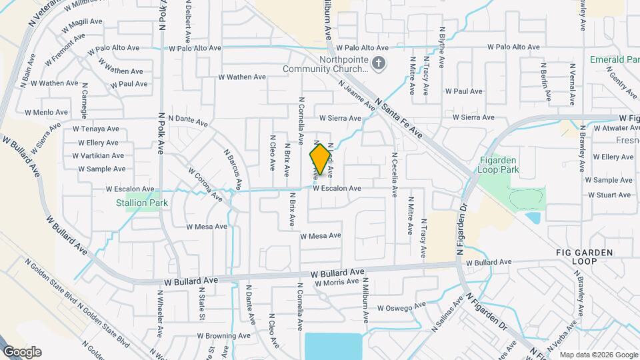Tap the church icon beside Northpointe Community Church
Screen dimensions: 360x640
pos(379,63)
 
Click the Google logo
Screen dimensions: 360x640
pos(21,351)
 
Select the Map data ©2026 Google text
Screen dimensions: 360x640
pos(599,355)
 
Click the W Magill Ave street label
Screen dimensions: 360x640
pos(82,27)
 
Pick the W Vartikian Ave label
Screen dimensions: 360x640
pos(101,155)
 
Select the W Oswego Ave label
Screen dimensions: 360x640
pos(401,307)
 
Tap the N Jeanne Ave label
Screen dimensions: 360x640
pos(357,95)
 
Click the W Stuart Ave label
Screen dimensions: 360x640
pos(609,195)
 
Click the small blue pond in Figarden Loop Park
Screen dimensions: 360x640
pos(533,217)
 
